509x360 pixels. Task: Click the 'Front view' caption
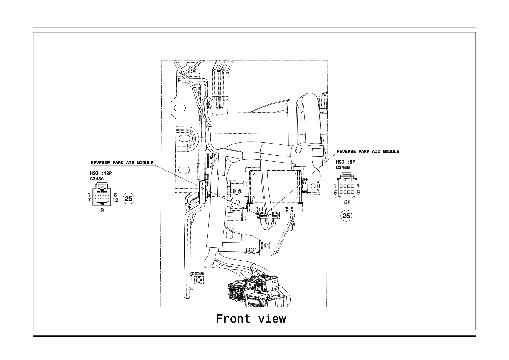click(251, 319)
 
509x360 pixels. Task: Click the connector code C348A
click(97, 179)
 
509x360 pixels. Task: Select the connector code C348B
click(343, 167)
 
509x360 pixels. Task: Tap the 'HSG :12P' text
click(101, 173)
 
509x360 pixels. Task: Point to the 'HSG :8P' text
click(345, 162)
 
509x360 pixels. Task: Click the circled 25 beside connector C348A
click(129, 199)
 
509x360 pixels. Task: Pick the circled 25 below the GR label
click(346, 216)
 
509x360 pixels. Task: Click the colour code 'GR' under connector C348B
click(347, 202)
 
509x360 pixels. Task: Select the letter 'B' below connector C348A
click(103, 211)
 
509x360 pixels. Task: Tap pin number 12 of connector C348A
click(115, 200)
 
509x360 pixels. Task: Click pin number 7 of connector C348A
click(89, 200)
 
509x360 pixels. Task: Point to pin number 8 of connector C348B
click(358, 193)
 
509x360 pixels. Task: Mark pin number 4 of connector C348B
click(358, 185)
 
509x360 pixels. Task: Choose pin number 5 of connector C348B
click(335, 193)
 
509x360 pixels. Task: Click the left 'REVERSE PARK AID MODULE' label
click(122, 163)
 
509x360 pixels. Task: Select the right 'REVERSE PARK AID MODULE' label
click(368, 151)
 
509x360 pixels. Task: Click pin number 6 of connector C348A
click(115, 195)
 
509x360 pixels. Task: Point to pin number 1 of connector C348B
click(335, 186)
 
